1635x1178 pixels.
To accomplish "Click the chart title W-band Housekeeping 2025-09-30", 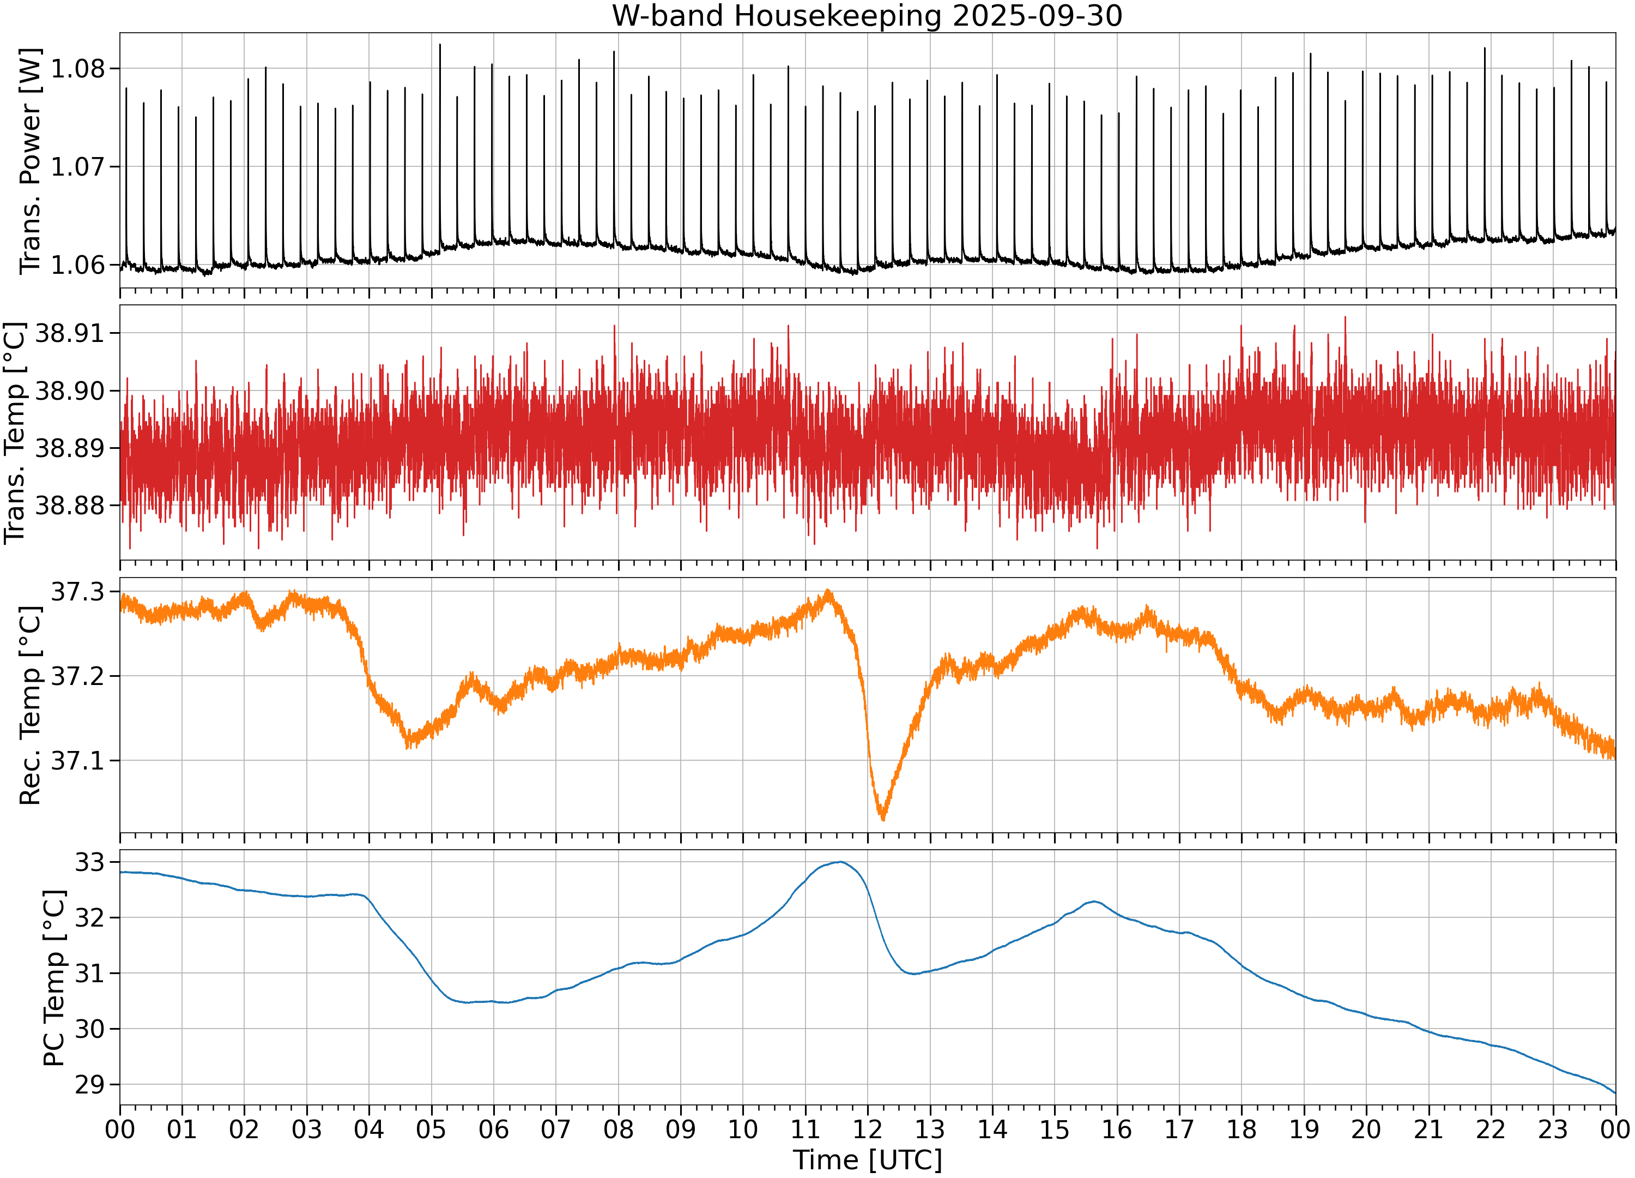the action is [867, 16].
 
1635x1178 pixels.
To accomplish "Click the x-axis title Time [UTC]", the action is [867, 1160].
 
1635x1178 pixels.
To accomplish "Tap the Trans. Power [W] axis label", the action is [31, 161].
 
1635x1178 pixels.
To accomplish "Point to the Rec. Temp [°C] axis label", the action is [31, 705].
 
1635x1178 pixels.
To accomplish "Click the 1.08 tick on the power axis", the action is [78, 69].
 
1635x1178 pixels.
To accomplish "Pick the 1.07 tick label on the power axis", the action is [78, 167].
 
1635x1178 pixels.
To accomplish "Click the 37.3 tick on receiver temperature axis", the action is [78, 592].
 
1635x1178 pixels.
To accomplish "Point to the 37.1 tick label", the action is [78, 760].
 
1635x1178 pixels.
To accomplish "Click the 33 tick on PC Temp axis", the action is [90, 862].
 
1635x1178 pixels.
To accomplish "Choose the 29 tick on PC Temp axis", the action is [90, 1084].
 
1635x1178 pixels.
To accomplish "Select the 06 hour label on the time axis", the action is [494, 1129].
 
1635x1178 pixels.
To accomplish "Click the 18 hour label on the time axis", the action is [1242, 1129].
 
